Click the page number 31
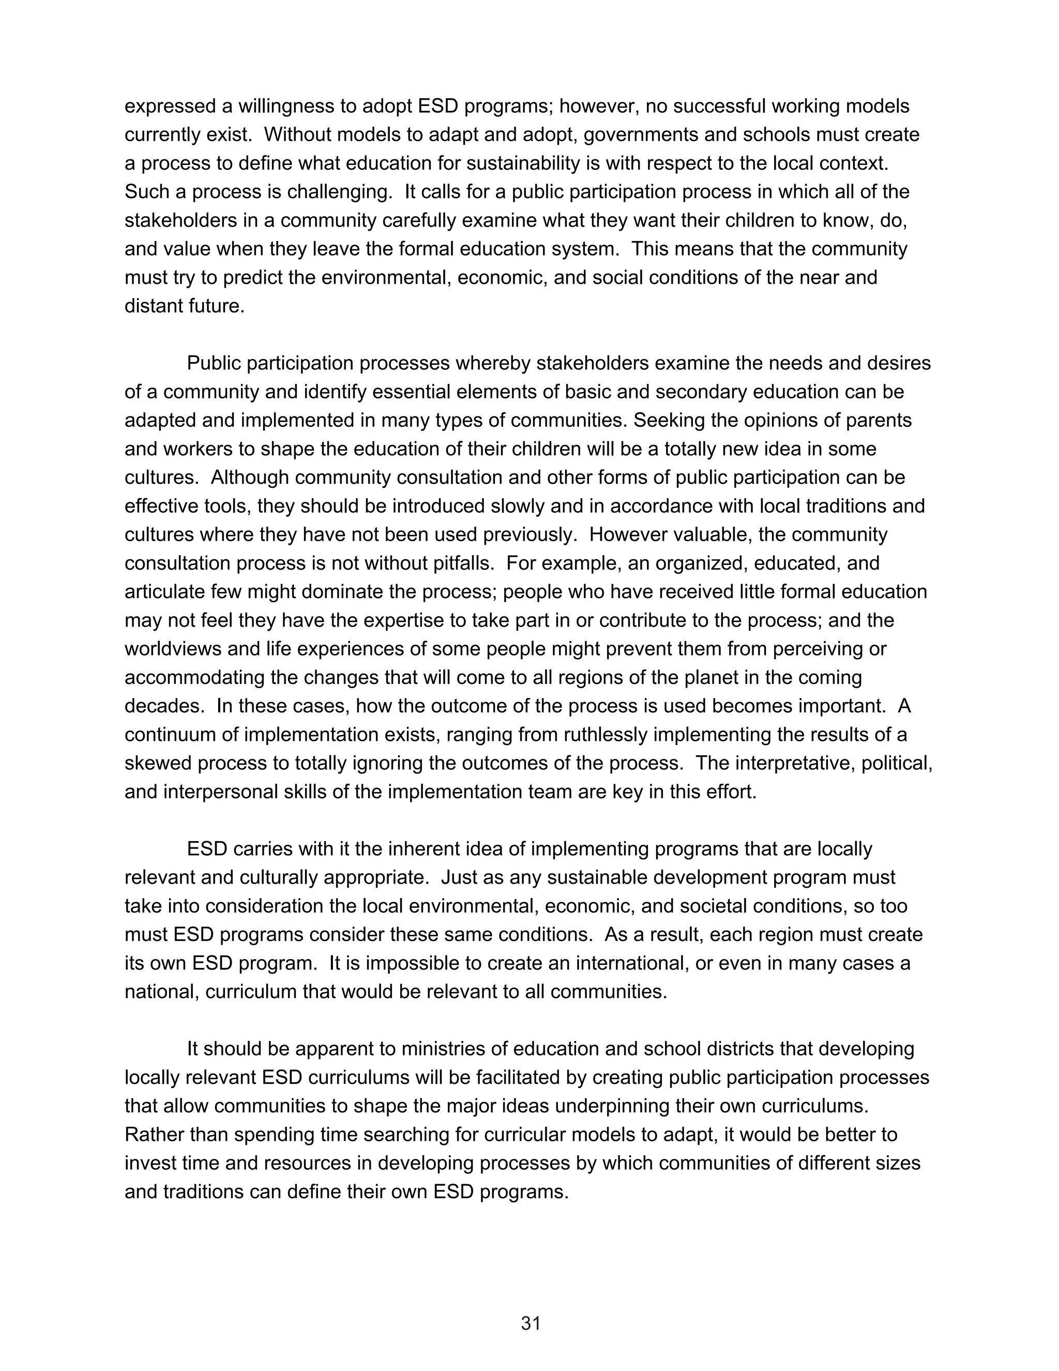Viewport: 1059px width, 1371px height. pos(530,1323)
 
